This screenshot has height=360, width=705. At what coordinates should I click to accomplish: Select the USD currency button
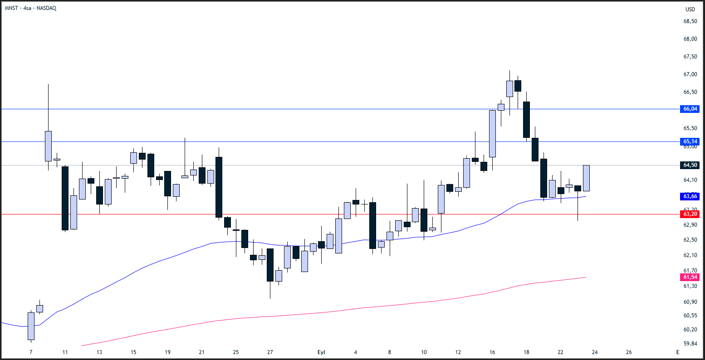[690, 10]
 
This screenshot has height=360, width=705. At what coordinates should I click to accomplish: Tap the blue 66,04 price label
[690, 109]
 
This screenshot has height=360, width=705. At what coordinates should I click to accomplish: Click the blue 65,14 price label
[690, 141]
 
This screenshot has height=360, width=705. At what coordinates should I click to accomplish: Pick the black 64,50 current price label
[690, 165]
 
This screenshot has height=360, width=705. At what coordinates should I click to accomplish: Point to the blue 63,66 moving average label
[690, 196]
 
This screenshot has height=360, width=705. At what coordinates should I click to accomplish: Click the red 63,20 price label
[690, 214]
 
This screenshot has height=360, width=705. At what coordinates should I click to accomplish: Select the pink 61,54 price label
[690, 277]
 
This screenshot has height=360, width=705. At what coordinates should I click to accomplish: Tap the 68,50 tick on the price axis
[690, 21]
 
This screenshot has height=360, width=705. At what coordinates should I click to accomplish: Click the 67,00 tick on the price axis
[690, 74]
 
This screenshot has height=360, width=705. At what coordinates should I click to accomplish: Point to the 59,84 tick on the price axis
[690, 343]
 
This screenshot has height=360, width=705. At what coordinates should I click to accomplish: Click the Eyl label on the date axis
[321, 352]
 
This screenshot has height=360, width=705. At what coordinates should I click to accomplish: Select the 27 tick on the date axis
[270, 352]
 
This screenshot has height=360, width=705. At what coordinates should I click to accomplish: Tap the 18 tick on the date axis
[526, 352]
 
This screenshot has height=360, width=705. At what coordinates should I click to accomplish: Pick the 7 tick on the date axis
[31, 352]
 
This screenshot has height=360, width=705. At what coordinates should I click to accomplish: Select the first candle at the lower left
[31, 326]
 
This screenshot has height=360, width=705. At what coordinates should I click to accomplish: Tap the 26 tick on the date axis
[629, 352]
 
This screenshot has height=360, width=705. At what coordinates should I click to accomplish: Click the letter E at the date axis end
[677, 352]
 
